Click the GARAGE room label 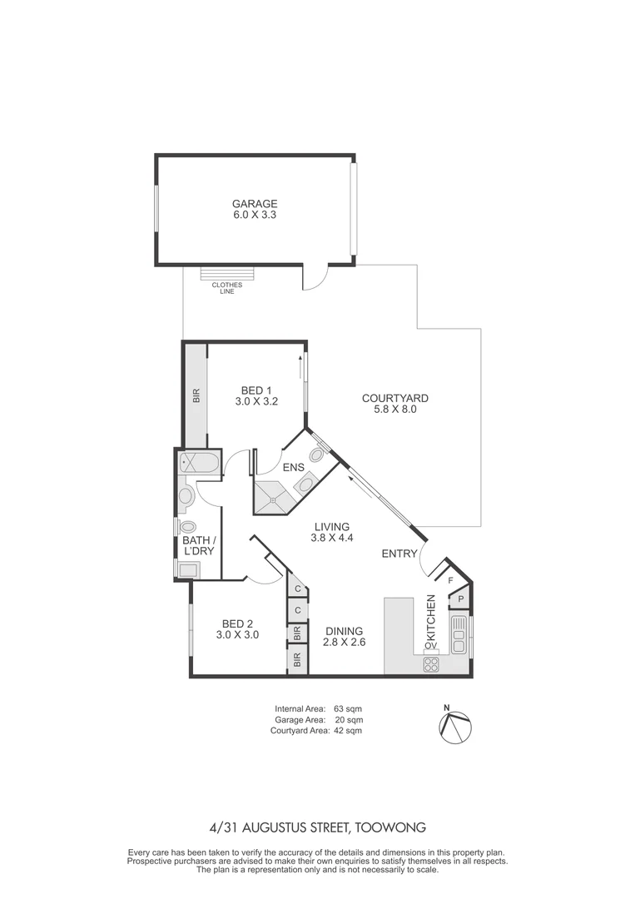pyautogui.click(x=254, y=203)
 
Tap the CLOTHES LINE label pyautogui.click(x=226, y=288)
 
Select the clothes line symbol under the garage pyautogui.click(x=226, y=274)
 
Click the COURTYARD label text pyautogui.click(x=394, y=398)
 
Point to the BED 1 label pyautogui.click(x=256, y=390)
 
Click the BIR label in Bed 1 pyautogui.click(x=196, y=396)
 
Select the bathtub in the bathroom pyautogui.click(x=199, y=463)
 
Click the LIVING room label pyautogui.click(x=331, y=526)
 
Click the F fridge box pyautogui.click(x=450, y=580)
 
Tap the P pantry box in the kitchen pyautogui.click(x=460, y=599)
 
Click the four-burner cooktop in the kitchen pyautogui.click(x=432, y=664)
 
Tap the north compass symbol pyautogui.click(x=456, y=726)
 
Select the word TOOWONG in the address pyautogui.click(x=391, y=827)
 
